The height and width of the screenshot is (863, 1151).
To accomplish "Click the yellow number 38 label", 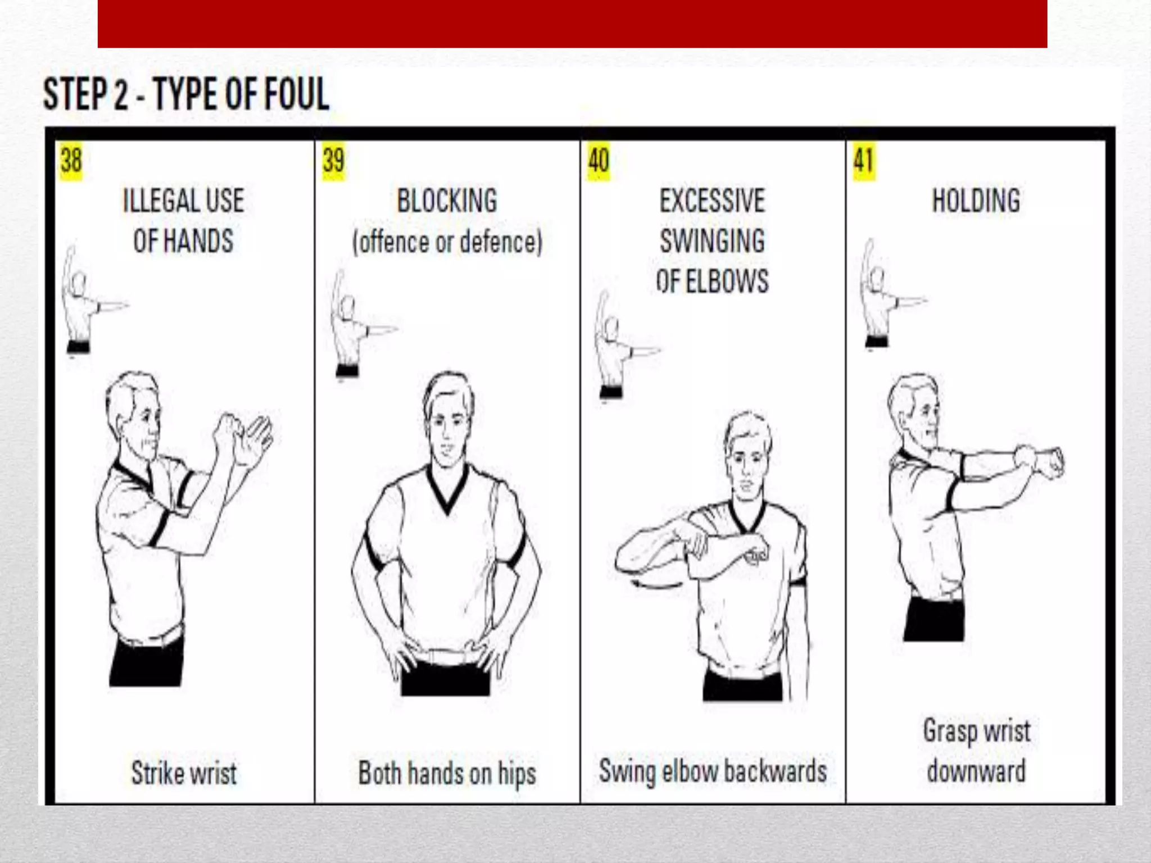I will point(71,161).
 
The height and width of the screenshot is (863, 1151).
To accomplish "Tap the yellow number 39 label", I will point(333,161).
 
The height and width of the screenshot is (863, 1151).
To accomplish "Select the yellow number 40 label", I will point(598,161).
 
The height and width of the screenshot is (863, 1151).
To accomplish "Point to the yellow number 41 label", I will point(864,161).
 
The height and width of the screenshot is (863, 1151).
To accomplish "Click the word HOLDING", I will point(976,201).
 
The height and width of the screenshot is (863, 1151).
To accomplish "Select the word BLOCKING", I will point(447,201).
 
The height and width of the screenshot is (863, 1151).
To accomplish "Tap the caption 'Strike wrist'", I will point(184,773).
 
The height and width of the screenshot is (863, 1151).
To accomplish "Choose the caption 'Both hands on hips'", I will point(447,774).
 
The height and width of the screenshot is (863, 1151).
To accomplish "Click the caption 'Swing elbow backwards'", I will point(713,771).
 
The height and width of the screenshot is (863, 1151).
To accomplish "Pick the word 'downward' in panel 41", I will point(976,771).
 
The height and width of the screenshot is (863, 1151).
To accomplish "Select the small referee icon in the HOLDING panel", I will point(882,295).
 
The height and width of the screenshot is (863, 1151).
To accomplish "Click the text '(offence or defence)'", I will point(447,242).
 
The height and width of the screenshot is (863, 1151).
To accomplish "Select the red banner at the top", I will point(572,24).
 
